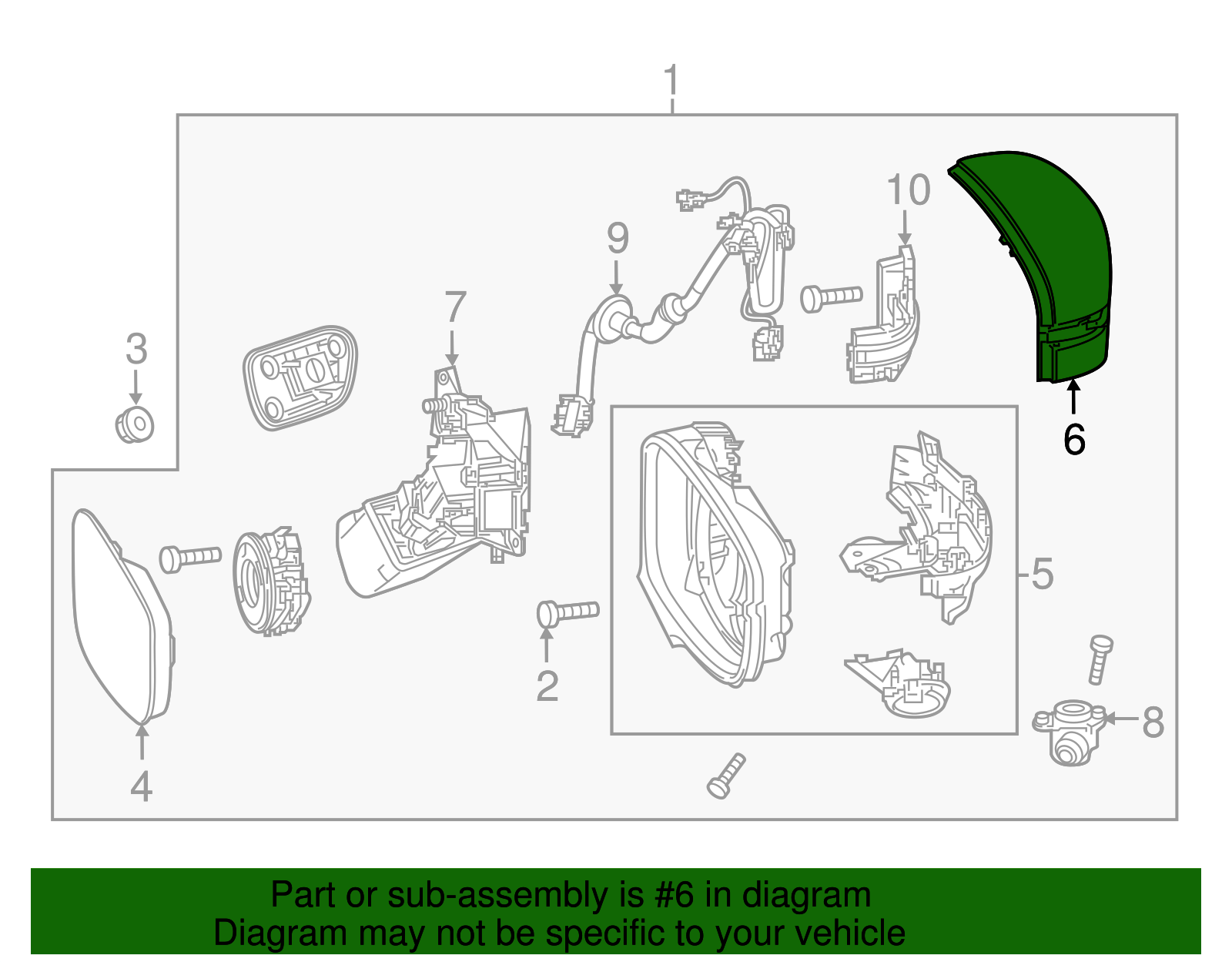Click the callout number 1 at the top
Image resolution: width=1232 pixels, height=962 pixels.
point(671,81)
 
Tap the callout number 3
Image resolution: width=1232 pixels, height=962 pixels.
point(136,350)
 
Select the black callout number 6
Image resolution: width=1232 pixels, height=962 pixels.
point(1073,440)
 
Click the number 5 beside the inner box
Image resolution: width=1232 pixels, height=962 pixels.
point(1042,575)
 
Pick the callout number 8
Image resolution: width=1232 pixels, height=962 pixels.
point(1153,722)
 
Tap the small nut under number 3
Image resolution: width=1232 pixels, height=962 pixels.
point(135,424)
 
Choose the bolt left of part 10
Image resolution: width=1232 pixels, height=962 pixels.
point(830,297)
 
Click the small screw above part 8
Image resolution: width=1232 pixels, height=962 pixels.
point(1100,659)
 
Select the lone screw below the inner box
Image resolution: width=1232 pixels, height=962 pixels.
point(725,776)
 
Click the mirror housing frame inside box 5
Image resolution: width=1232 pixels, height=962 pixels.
point(712,555)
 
